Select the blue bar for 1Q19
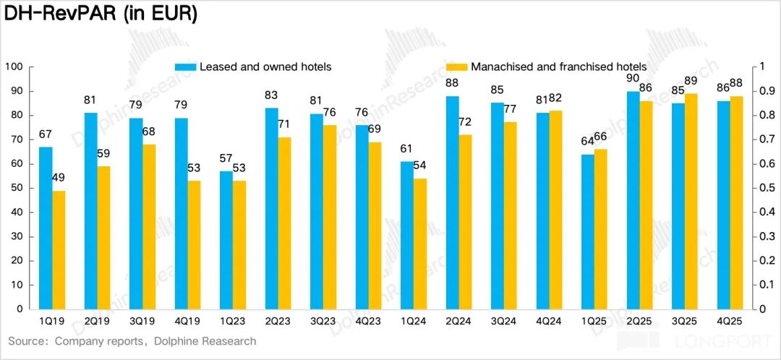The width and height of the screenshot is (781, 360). click(x=46, y=228)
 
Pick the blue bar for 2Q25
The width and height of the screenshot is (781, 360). click(x=633, y=200)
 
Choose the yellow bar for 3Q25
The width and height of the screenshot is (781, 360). click(x=691, y=201)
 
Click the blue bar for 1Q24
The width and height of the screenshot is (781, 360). click(x=407, y=235)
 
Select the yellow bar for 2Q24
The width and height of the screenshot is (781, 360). click(x=466, y=222)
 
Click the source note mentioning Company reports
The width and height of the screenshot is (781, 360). click(x=132, y=340)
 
